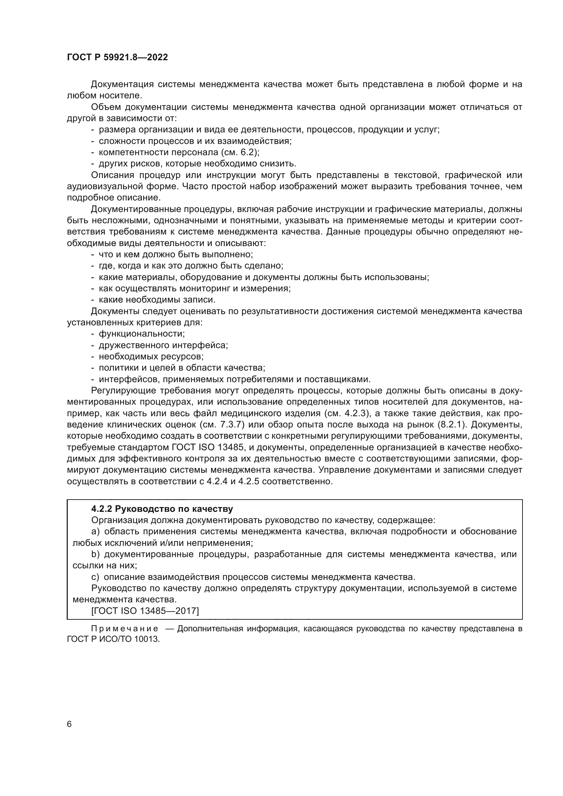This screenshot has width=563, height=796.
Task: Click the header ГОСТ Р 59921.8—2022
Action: [117, 58]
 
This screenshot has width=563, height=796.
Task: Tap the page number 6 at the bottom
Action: [69, 724]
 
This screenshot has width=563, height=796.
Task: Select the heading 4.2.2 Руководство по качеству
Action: [162, 509]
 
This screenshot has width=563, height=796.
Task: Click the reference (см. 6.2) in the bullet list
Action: [240, 152]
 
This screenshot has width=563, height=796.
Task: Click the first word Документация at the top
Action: [122, 84]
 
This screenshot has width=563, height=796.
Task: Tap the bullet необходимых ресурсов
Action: [151, 356]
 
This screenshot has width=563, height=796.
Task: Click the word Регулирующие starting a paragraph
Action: [123, 390]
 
